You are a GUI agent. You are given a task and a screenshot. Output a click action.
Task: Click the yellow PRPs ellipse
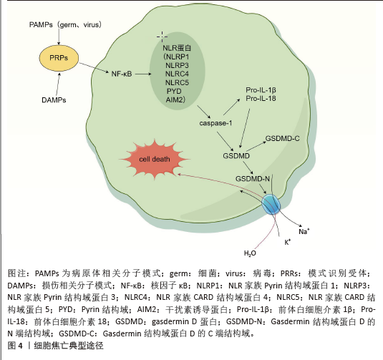[x=59, y=58]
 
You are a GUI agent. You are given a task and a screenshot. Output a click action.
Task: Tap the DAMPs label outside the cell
[x=54, y=100]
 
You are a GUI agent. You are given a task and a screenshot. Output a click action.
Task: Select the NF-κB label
[x=122, y=74]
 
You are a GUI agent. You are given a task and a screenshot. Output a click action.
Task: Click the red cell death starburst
[x=155, y=159]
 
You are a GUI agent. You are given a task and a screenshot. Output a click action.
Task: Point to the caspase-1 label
[x=215, y=123]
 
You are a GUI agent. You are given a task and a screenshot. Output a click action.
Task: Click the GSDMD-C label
[x=282, y=138]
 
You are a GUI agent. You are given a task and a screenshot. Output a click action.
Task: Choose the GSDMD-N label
[x=253, y=179]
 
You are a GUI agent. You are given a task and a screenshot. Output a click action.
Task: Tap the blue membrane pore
[x=271, y=205]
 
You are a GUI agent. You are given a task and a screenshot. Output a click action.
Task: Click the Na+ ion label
[x=304, y=231]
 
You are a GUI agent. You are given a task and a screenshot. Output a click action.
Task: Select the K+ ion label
[x=288, y=242]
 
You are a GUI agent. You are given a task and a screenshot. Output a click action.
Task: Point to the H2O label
[x=250, y=253]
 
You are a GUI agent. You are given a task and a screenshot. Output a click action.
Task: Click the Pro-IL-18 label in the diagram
[x=261, y=99]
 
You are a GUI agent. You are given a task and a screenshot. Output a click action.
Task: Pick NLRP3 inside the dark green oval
[x=177, y=65]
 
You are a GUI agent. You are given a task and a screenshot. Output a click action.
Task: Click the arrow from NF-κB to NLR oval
[x=143, y=74]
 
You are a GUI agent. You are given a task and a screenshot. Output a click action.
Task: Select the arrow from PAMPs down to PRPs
[x=59, y=37]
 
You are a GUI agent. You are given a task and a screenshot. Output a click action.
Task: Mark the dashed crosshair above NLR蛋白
[x=162, y=37]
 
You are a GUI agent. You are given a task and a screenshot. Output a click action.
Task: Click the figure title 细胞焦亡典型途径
[x=69, y=346]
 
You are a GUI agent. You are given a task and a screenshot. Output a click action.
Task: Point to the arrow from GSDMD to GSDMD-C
[x=256, y=146]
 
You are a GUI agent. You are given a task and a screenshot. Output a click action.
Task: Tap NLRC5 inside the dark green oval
[x=177, y=82]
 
